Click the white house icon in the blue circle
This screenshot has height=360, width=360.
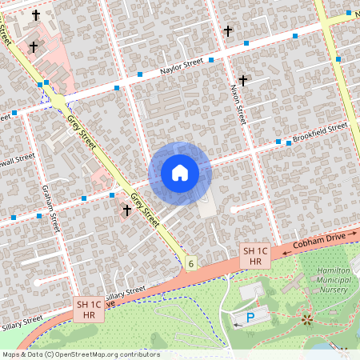(x=180, y=173)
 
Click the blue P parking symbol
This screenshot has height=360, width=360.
(x=250, y=318)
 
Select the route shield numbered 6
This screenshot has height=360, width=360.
(x=191, y=262)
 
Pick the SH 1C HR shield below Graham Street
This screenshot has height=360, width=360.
(x=89, y=309)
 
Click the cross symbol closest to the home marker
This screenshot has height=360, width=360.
(x=126, y=210)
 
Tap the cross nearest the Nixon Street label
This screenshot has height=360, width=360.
(x=242, y=81)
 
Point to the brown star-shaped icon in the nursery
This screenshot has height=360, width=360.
(x=308, y=320)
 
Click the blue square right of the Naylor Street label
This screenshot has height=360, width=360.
(x=211, y=59)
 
